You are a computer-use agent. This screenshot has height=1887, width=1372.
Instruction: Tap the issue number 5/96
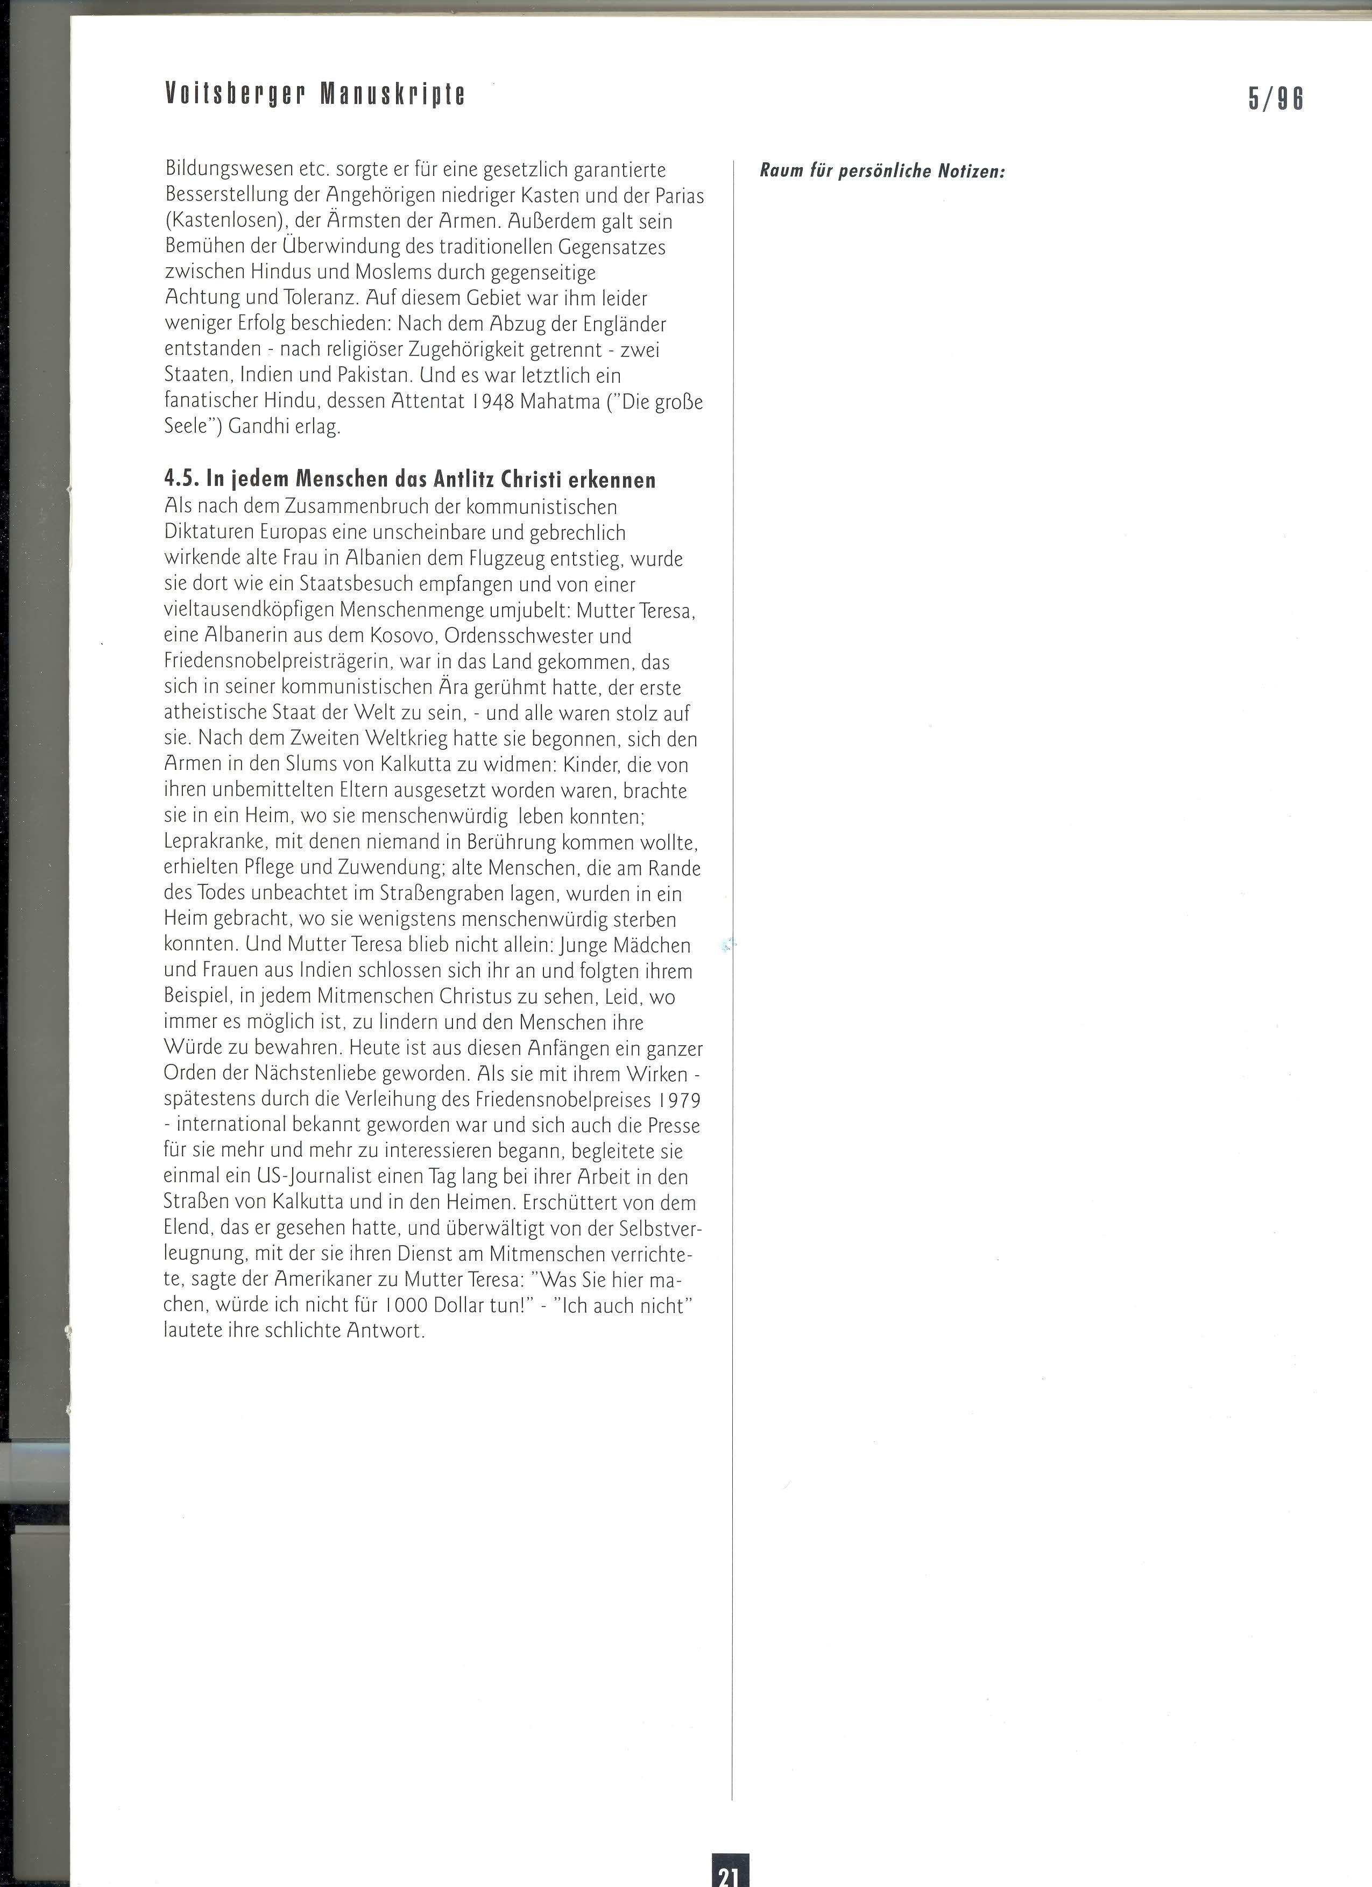click(1276, 99)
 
